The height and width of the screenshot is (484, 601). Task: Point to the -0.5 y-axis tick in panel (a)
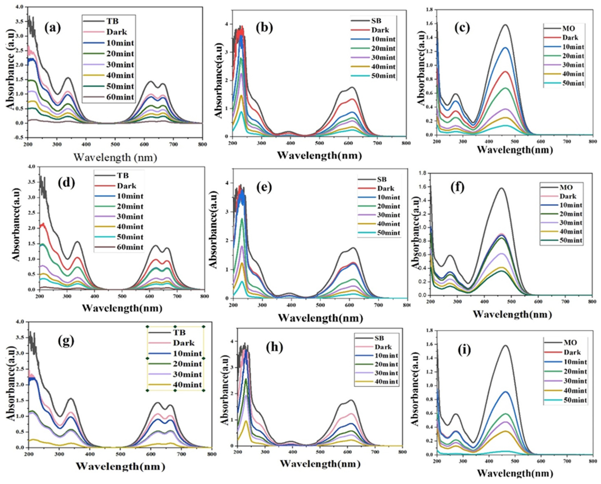[x=20, y=138]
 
